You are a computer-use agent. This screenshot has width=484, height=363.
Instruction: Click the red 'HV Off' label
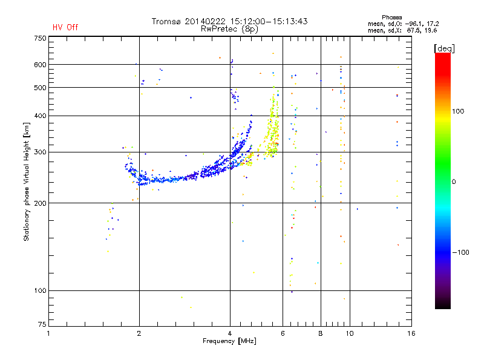point(65,27)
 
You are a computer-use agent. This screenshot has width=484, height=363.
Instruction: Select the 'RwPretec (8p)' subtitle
point(229,29)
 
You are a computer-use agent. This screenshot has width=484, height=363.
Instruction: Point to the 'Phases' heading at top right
point(391,18)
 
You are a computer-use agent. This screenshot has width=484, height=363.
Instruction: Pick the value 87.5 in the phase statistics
point(413,30)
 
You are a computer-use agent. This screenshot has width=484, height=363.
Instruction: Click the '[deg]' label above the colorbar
point(444,48)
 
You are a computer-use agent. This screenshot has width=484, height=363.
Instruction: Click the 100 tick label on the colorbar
point(458,111)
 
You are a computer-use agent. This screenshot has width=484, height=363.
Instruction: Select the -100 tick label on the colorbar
point(460,252)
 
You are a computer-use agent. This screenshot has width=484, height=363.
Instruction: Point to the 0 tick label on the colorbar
point(454,182)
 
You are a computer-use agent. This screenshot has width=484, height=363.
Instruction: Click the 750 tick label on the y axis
point(40,38)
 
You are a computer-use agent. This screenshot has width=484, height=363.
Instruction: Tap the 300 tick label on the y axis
point(40,152)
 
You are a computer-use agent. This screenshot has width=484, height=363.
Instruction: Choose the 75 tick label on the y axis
point(42,324)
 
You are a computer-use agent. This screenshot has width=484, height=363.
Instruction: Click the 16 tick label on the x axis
point(411,333)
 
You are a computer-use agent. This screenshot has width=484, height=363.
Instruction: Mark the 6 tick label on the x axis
point(283,333)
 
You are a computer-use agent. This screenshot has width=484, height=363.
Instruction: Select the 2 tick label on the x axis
point(139,333)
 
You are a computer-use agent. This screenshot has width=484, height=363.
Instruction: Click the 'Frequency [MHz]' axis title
point(229,341)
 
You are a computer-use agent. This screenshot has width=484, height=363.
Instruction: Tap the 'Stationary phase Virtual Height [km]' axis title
point(27,181)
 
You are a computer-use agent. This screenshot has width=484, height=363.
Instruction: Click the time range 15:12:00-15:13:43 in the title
point(269,21)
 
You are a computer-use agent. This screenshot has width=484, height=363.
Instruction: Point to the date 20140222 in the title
point(205,21)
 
